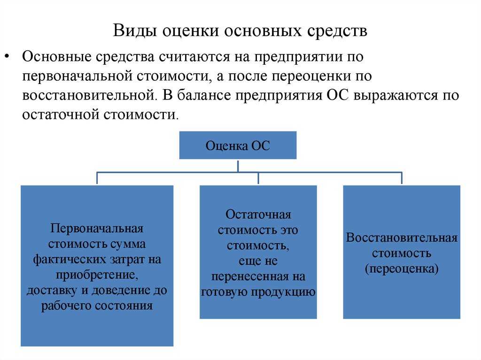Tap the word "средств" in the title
point(337,31)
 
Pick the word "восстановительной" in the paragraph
point(87,95)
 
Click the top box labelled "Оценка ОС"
point(238,145)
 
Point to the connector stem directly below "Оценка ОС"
point(238,166)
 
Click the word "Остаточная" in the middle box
point(258,215)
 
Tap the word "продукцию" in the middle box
point(286,291)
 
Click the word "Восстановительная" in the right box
point(402,237)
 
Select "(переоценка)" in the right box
point(402,269)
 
